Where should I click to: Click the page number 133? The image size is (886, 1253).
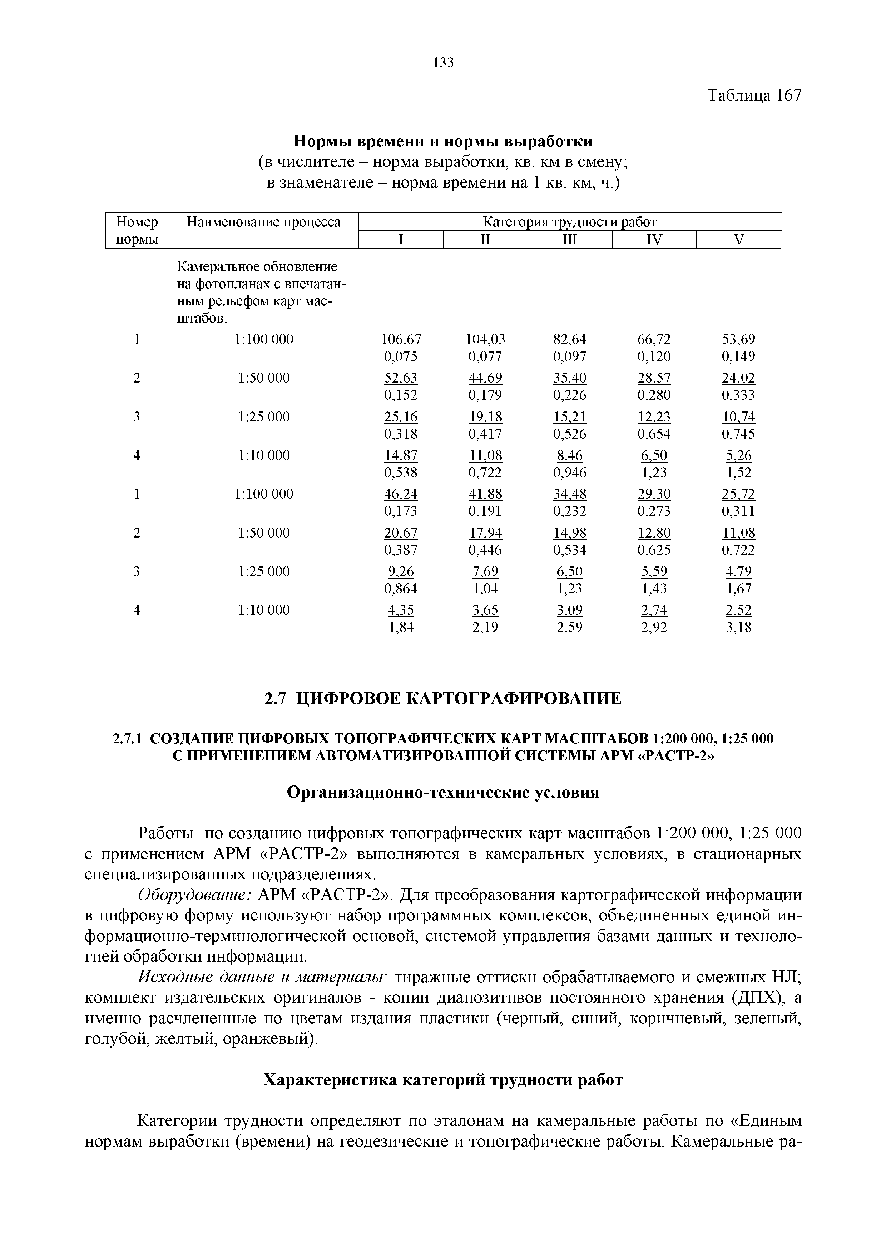click(x=443, y=63)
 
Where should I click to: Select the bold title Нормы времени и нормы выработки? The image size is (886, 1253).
click(x=443, y=141)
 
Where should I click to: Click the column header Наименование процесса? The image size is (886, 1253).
click(x=264, y=222)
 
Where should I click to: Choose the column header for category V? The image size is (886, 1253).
click(x=739, y=240)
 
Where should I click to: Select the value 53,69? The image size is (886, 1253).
click(x=739, y=339)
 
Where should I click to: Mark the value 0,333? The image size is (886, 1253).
click(x=739, y=395)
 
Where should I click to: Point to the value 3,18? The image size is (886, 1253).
click(x=739, y=627)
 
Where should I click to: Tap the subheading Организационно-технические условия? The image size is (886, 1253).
click(x=443, y=792)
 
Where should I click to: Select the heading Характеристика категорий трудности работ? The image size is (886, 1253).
click(x=443, y=1080)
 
